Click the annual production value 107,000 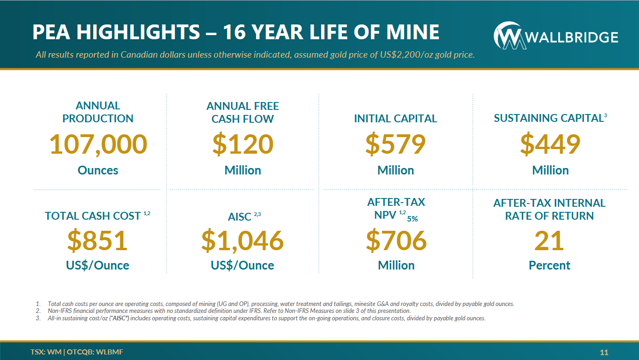[98, 144]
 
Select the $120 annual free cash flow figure [243, 144]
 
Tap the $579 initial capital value [395, 144]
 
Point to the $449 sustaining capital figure [550, 144]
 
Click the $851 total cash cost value [97, 240]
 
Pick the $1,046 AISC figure [242, 240]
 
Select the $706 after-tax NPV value [396, 240]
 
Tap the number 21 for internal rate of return [549, 240]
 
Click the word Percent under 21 [549, 265]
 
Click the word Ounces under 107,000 [98, 170]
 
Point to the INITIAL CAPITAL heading [395, 119]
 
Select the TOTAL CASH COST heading [93, 216]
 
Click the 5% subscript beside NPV [412, 219]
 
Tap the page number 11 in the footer [604, 353]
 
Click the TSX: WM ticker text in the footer [45, 352]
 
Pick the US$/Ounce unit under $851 [97, 265]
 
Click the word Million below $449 [550, 170]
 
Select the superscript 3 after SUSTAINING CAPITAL [605, 115]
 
